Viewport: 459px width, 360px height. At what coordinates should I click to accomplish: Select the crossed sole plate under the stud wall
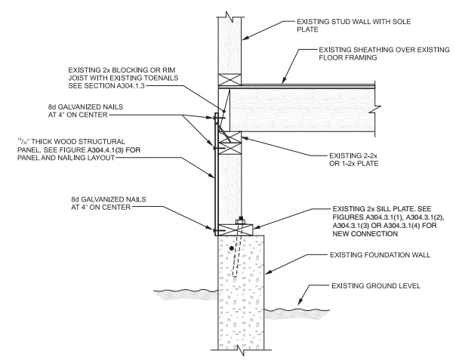pos(230,79)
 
